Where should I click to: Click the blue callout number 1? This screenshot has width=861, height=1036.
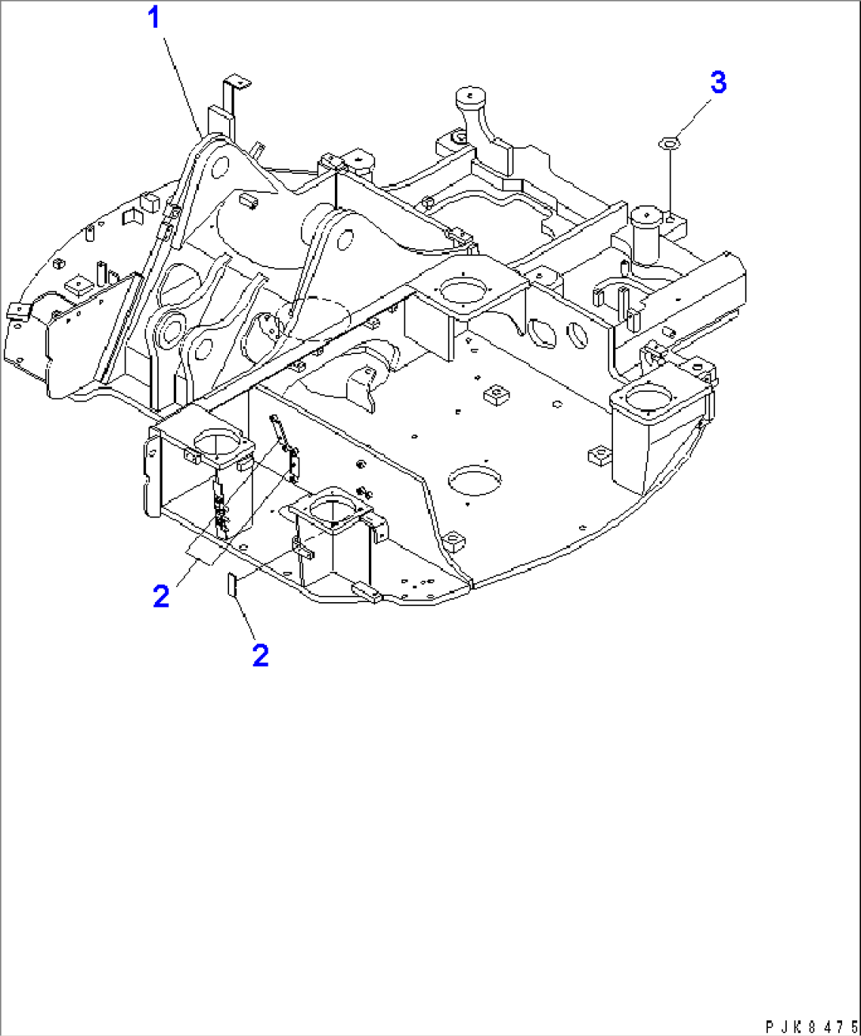click(x=154, y=18)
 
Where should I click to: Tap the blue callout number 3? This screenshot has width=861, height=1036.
click(x=718, y=82)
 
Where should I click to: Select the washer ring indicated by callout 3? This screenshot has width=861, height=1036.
click(x=669, y=144)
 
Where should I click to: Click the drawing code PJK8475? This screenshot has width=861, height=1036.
click(x=812, y=1026)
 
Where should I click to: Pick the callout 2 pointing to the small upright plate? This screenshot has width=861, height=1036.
click(x=261, y=656)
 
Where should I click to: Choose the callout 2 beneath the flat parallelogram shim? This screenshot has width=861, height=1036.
click(x=161, y=596)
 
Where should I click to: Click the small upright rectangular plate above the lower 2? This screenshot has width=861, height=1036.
click(x=231, y=583)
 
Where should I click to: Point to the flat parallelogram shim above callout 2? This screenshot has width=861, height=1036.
click(x=203, y=554)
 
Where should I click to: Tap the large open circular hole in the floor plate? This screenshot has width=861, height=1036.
click(x=474, y=480)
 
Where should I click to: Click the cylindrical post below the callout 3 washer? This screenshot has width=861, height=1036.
click(x=646, y=233)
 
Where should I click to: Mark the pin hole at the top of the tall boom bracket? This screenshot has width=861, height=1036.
click(x=220, y=168)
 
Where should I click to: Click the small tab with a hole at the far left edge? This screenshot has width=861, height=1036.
click(x=18, y=312)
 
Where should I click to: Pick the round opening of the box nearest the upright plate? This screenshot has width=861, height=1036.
click(x=332, y=512)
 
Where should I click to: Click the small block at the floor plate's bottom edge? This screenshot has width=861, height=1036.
click(x=366, y=593)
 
